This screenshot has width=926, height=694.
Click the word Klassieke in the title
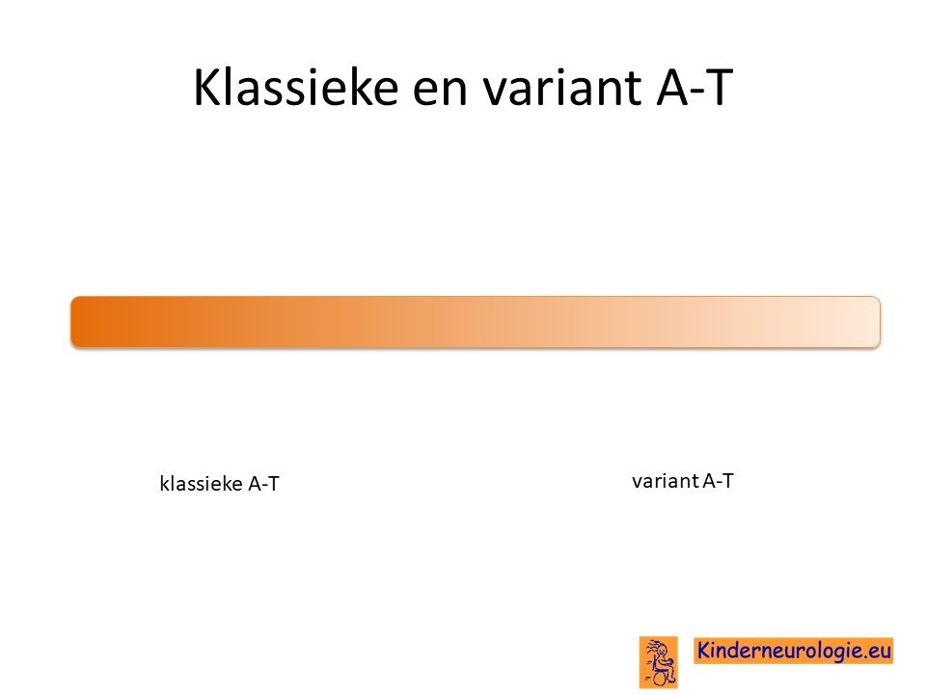pyautogui.click(x=296, y=87)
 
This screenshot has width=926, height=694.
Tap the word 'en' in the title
pyautogui.click(x=440, y=93)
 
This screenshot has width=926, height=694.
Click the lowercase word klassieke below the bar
pyautogui.click(x=202, y=483)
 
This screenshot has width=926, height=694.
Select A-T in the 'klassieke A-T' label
pyautogui.click(x=263, y=484)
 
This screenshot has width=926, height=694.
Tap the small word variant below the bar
pyautogui.click(x=666, y=481)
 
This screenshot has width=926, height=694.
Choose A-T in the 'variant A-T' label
pyautogui.click(x=718, y=481)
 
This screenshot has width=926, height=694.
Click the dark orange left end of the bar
pyautogui.click(x=83, y=322)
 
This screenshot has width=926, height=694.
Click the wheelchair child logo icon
pyautogui.click(x=659, y=662)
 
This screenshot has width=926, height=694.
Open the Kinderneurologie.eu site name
pyautogui.click(x=793, y=651)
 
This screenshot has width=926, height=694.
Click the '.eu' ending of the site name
pyautogui.click(x=878, y=652)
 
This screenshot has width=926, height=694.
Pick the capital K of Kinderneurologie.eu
pyautogui.click(x=704, y=650)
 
